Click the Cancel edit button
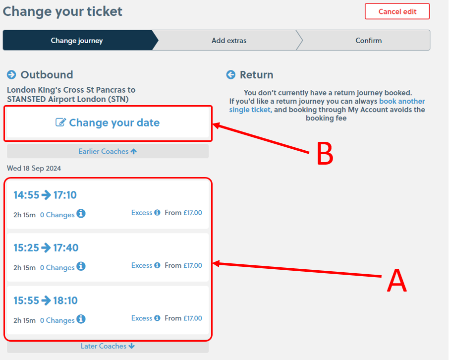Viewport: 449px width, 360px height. pos(397,11)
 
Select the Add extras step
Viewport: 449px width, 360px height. pos(228,41)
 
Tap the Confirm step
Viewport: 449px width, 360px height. pos(368,41)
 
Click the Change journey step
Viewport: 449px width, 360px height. pos(77,41)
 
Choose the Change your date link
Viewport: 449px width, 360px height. pos(114,123)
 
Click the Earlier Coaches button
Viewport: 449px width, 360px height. pos(108,151)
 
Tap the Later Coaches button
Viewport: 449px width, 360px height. pos(108,346)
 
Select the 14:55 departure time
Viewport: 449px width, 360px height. pos(26,195)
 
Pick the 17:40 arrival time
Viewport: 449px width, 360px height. pos(65,248)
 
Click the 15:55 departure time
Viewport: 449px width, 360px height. pos(26,300)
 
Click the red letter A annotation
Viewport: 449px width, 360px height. pos(396,281)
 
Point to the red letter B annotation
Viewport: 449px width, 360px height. pos(325,154)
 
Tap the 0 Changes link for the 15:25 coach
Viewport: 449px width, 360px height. pos(57,268)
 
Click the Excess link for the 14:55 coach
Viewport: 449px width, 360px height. pos(142,213)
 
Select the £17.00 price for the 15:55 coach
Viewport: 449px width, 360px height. pos(192,318)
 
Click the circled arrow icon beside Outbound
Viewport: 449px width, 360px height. pos(11,75)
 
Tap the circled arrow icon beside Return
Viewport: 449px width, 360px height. pos(231,75)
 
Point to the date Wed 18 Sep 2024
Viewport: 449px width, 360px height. pos(34,169)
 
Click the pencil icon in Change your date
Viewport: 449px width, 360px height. pos(60,122)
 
